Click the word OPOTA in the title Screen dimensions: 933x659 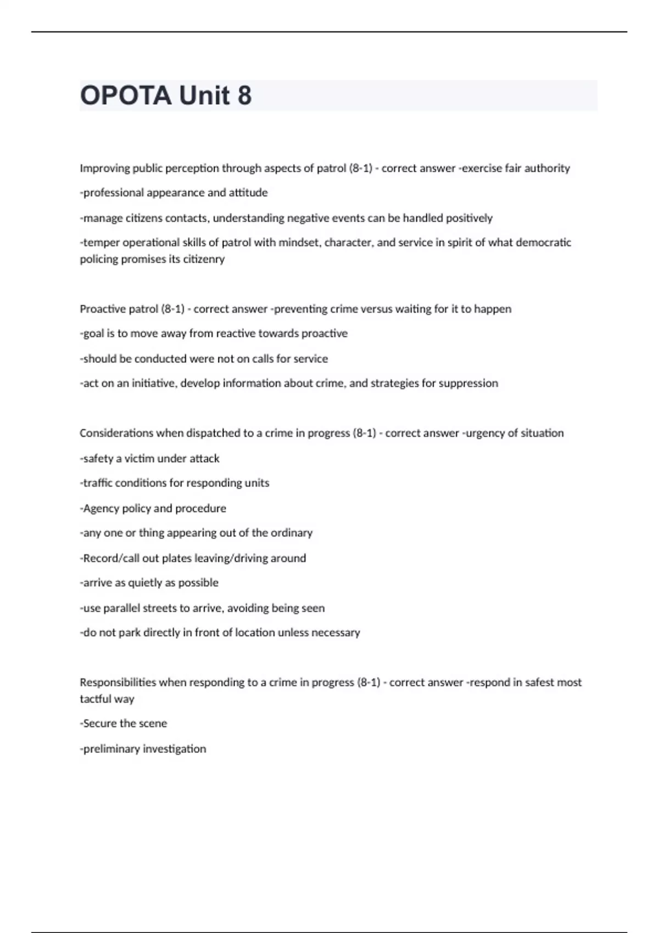[126, 95]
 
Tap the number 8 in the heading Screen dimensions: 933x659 [244, 95]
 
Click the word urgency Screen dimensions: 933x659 [485, 433]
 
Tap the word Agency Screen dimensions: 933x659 [101, 508]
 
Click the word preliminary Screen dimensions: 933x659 [111, 749]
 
